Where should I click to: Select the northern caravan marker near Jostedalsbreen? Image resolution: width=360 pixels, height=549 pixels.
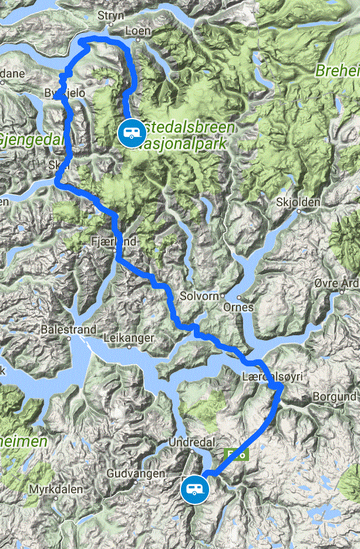click(x=129, y=133)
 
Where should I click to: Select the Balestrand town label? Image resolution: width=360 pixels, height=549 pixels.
click(x=68, y=330)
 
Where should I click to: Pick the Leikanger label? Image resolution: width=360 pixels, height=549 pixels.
click(x=129, y=338)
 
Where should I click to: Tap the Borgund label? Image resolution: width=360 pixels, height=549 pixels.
click(x=334, y=397)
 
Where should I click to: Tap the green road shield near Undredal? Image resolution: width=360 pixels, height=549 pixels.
click(x=236, y=453)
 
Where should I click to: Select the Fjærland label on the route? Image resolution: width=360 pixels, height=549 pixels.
click(x=113, y=241)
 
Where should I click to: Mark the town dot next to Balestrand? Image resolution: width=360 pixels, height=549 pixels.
click(x=68, y=338)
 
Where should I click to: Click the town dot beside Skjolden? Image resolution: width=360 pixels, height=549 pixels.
click(x=279, y=211)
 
